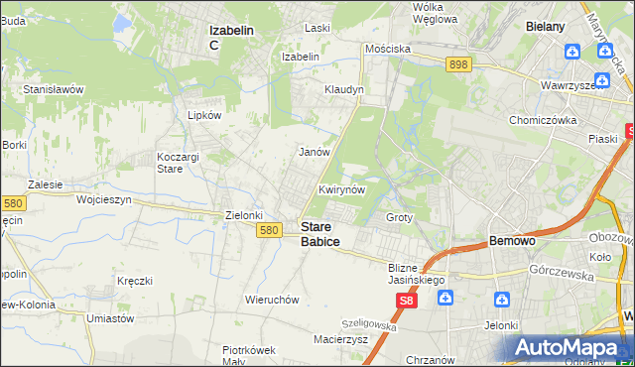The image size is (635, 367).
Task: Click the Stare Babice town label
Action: [319, 234]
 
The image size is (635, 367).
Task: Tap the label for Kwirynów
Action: [343, 189]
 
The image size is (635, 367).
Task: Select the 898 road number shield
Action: [457, 63]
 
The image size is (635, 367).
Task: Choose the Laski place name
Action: [317, 28]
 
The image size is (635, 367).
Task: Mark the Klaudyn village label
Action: [344, 89]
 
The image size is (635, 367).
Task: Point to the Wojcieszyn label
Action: [104, 199]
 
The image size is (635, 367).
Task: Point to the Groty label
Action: [399, 217]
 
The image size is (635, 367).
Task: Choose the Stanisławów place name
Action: [54, 89]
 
